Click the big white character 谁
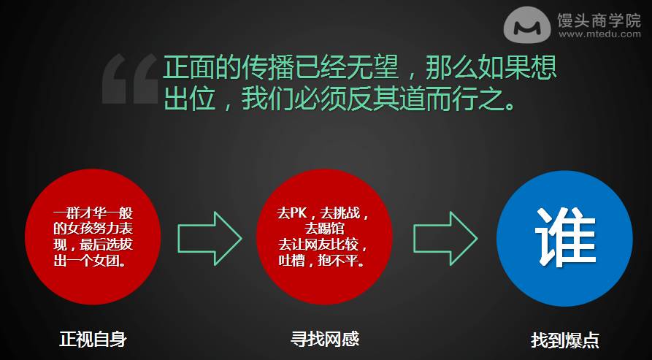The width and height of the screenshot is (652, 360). click(x=566, y=237)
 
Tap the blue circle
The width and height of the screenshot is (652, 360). click(x=564, y=238)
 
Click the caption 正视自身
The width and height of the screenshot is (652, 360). click(x=93, y=340)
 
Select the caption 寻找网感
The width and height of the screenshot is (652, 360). click(x=324, y=340)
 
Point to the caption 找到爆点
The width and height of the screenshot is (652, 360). click(x=564, y=340)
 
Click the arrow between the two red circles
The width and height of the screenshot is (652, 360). click(x=210, y=238)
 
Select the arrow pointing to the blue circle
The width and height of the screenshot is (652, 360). click(x=445, y=238)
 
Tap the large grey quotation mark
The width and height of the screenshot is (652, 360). click(x=130, y=79)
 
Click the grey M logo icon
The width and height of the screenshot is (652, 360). click(x=527, y=24)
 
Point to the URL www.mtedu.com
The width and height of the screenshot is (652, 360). click(x=599, y=34)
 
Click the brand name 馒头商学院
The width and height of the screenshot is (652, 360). click(x=599, y=20)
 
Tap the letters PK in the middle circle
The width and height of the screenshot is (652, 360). click(x=298, y=213)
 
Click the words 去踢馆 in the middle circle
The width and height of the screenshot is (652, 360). click(x=324, y=229)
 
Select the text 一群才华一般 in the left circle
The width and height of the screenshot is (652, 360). click(x=93, y=214)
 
